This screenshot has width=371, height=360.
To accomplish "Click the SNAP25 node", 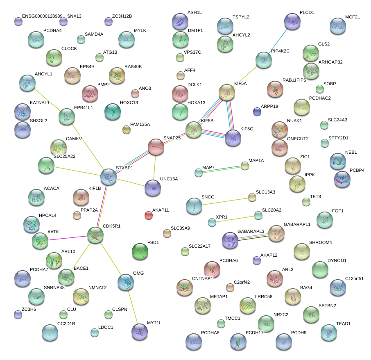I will (156, 147).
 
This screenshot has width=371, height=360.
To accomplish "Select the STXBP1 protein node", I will (109, 176).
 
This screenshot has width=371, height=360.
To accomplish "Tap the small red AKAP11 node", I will (149, 215).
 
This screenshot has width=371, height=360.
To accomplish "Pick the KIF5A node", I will (227, 92).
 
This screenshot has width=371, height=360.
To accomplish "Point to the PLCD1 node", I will (292, 21).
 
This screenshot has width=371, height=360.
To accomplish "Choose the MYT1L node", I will (140, 331).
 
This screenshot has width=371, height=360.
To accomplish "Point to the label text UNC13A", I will (169, 179).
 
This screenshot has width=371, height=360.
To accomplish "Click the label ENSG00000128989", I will (42, 16).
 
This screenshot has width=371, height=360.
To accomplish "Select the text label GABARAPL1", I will (297, 225).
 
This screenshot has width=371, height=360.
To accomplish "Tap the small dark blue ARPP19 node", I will (257, 111).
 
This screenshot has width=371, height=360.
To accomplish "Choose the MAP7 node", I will (199, 173).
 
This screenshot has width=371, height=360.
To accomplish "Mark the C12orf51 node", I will (337, 287).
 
